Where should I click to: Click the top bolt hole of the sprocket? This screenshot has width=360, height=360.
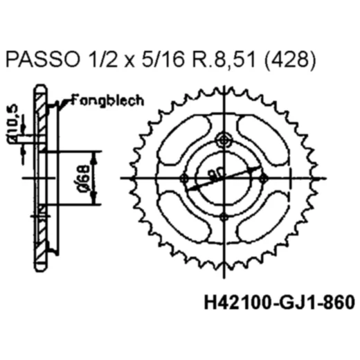point(222,141)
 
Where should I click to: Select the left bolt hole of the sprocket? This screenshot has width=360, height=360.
point(183,179)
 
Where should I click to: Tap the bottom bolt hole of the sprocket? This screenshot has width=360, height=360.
point(222,217)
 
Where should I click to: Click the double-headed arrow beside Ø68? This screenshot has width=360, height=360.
point(94,177)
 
